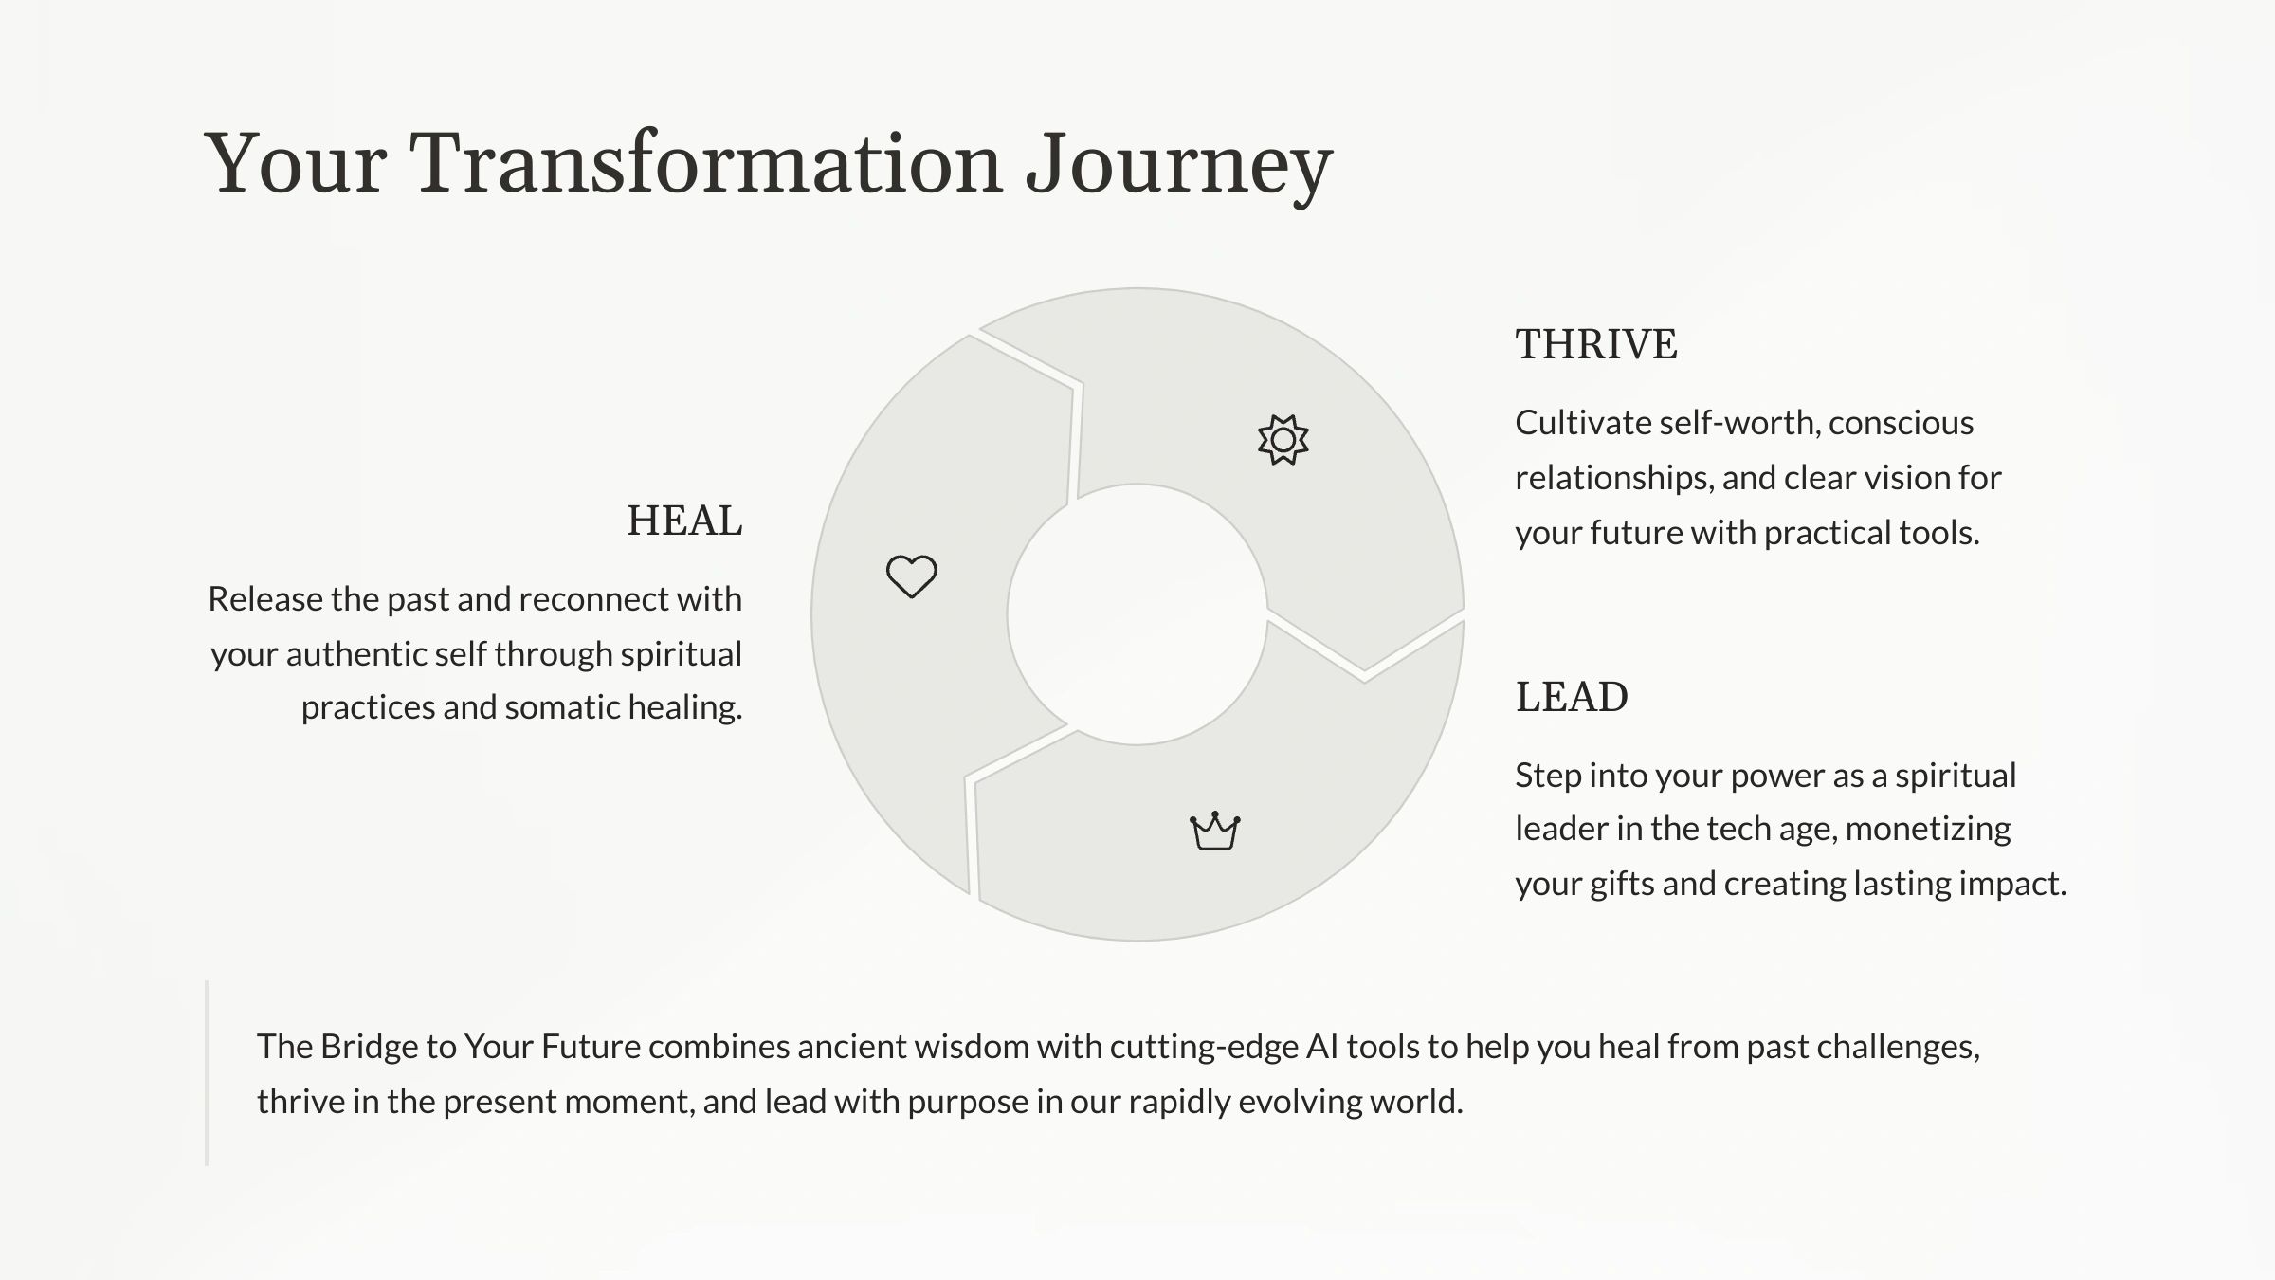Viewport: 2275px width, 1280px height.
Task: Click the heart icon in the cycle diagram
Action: (x=912, y=576)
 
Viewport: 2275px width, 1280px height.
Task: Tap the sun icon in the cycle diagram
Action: (x=1283, y=440)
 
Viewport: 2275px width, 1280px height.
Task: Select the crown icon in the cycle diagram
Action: (x=1215, y=832)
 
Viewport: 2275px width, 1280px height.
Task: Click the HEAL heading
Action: (x=684, y=521)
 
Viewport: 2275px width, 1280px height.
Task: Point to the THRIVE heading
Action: (x=1596, y=344)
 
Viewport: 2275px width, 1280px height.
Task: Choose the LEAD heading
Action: (x=1572, y=697)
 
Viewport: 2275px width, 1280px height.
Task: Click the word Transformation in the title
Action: (x=706, y=163)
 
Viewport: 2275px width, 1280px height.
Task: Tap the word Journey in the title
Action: (x=1180, y=167)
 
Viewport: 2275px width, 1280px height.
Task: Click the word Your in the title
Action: (x=296, y=163)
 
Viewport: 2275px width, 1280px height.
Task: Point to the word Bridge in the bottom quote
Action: (x=368, y=1048)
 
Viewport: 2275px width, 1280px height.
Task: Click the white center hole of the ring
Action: (x=1137, y=614)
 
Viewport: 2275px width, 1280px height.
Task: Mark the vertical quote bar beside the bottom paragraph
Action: (x=207, y=1072)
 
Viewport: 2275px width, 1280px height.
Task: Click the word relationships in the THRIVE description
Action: (x=1614, y=478)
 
